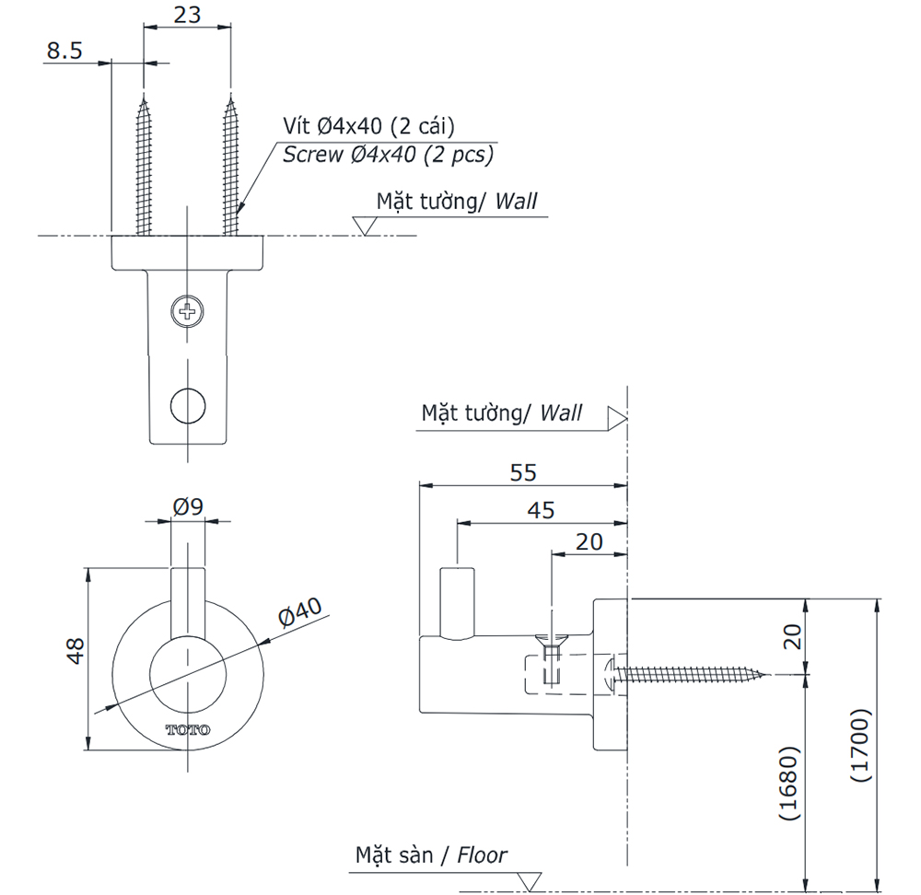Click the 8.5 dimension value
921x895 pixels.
point(64,50)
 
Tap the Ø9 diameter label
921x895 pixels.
point(188,506)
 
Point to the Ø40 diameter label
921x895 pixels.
point(299,614)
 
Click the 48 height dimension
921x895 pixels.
point(76,650)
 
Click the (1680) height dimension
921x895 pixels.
point(787,783)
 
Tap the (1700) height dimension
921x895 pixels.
point(859,745)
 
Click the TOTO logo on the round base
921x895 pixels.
point(188,730)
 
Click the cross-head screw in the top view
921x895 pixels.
point(188,311)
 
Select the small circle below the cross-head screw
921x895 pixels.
point(188,403)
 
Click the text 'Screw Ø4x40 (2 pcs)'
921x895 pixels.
point(388,155)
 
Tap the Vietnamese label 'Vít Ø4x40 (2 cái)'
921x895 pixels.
point(368,126)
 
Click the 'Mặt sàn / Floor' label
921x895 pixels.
point(431,855)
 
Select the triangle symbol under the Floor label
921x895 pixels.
point(530,881)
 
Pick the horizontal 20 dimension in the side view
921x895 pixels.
point(589,541)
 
